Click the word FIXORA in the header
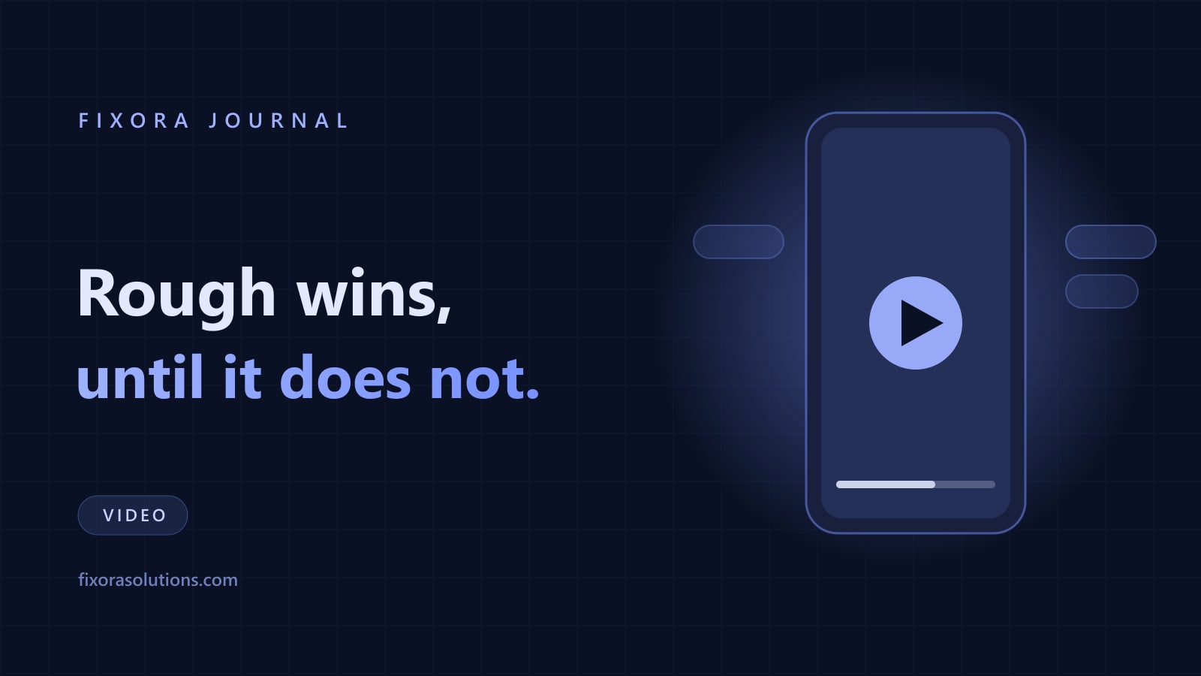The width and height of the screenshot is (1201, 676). [134, 121]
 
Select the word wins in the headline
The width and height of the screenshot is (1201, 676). [369, 294]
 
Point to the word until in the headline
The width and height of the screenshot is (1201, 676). [140, 376]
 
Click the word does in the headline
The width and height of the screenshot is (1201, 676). [345, 376]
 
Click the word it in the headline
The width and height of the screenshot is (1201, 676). [242, 376]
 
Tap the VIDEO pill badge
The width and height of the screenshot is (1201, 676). [133, 515]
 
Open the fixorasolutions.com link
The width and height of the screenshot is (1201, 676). [158, 580]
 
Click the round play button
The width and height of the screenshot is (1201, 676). [915, 323]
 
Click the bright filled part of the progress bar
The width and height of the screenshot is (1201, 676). [885, 484]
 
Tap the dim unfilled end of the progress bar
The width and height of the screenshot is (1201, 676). [965, 484]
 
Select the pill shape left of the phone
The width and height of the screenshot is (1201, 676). [739, 242]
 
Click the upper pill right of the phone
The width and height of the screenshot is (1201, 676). [1110, 242]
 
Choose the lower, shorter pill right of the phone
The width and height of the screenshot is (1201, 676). [1101, 291]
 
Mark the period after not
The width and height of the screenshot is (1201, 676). [532, 394]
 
